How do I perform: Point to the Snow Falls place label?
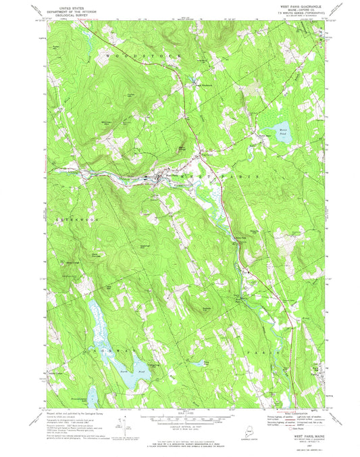(240, 237)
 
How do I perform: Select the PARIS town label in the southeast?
(263, 352)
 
